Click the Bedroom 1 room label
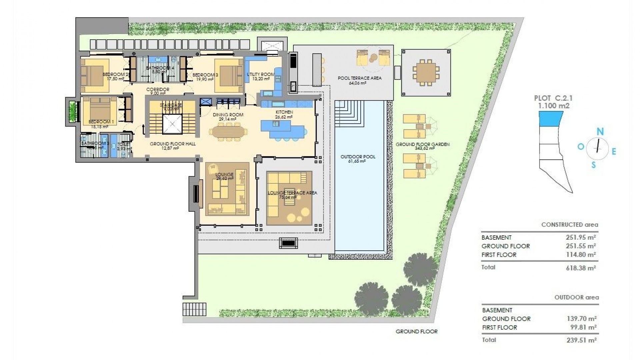101,122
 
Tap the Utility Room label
260,74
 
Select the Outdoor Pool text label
358,157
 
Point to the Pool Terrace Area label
359,78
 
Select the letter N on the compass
600,132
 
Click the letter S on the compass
593,165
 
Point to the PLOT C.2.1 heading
553,98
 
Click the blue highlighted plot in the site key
550,119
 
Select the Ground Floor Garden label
422,144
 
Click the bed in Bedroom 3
228,76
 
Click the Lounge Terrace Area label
292,193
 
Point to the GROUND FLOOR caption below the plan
416,331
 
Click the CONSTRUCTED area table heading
569,225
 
